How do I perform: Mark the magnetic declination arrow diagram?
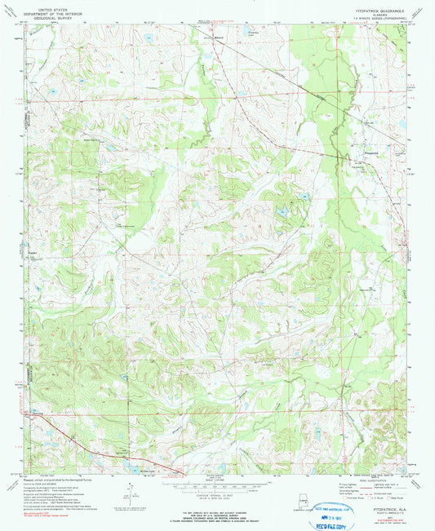[x=130, y=491]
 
